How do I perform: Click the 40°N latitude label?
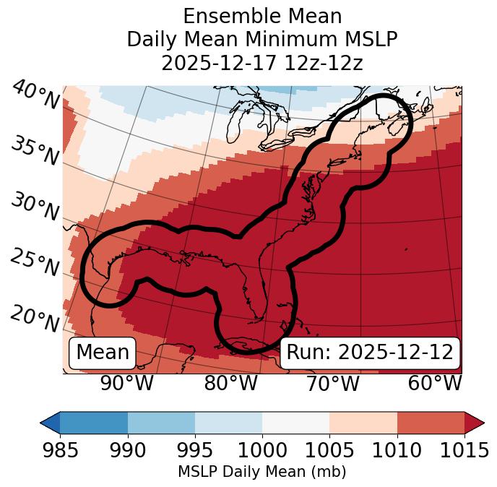(x=34, y=96)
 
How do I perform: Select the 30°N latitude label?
(x=34, y=208)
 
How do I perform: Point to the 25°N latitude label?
(x=34, y=263)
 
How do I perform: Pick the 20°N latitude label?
(x=34, y=319)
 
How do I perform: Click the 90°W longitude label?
(x=127, y=384)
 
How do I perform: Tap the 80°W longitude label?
(x=230, y=384)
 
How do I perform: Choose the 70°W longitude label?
(x=332, y=384)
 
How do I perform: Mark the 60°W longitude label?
(x=435, y=384)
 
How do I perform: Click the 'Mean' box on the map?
(x=103, y=353)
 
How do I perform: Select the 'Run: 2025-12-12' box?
(x=370, y=353)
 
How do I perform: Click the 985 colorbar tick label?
(x=60, y=450)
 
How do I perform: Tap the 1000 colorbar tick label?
(x=262, y=450)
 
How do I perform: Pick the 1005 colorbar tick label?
(x=329, y=450)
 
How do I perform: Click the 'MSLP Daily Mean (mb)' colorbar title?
(x=262, y=473)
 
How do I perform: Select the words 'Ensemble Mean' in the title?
(x=262, y=17)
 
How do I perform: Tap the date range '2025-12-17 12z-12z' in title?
(x=262, y=63)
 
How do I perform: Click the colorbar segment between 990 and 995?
(x=161, y=422)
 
